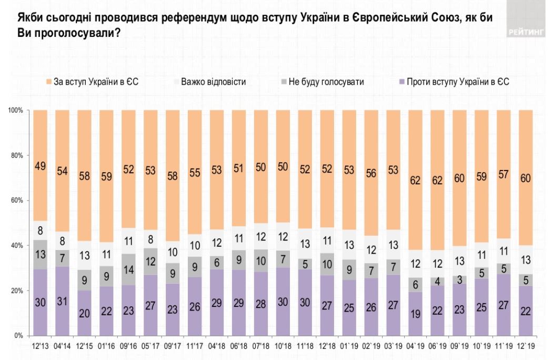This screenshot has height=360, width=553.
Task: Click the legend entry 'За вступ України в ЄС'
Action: pyautogui.click(x=95, y=82)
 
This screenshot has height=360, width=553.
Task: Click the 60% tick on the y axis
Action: pyautogui.click(x=16, y=201)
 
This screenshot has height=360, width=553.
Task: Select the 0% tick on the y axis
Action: pyautogui.click(x=18, y=336)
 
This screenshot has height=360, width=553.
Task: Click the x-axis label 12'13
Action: pyautogui.click(x=41, y=347)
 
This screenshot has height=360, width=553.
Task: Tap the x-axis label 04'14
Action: pyautogui.click(x=63, y=347)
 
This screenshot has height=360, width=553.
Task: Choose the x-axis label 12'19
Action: pyautogui.click(x=527, y=347)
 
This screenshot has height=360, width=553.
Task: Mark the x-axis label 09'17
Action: pyautogui.click(x=173, y=347)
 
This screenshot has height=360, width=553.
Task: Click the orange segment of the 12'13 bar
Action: pyautogui.click(x=41, y=165)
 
